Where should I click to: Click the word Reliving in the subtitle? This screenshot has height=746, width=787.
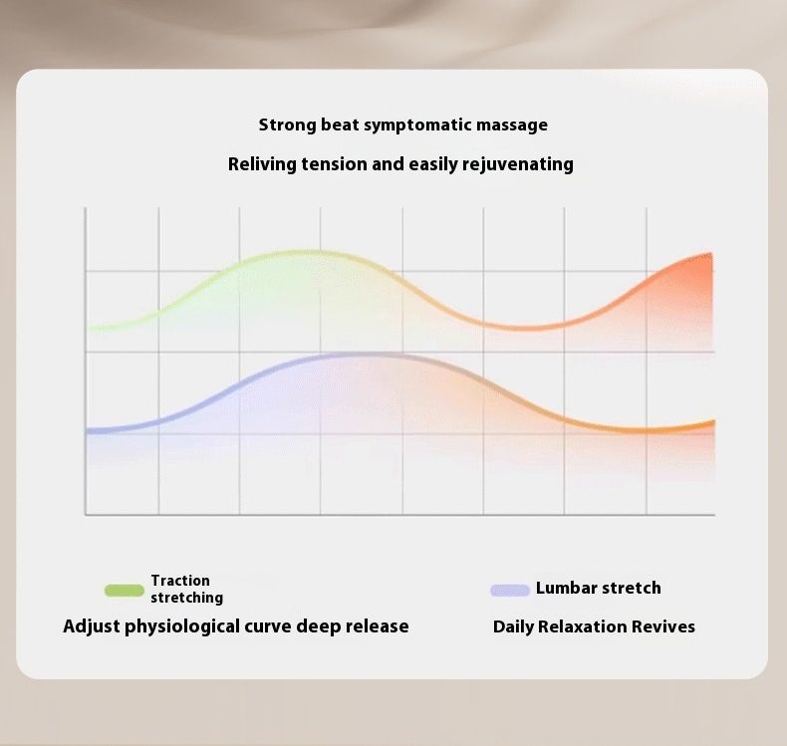pyautogui.click(x=262, y=164)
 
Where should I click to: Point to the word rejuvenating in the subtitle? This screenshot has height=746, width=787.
pyautogui.click(x=517, y=164)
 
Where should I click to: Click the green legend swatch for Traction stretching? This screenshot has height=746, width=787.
pyautogui.click(x=124, y=590)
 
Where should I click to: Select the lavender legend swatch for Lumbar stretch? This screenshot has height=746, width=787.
pyautogui.click(x=510, y=590)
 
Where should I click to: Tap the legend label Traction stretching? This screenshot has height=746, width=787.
pyautogui.click(x=186, y=589)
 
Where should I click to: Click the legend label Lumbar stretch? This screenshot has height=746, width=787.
pyautogui.click(x=599, y=588)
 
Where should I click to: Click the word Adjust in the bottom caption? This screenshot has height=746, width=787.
pyautogui.click(x=92, y=626)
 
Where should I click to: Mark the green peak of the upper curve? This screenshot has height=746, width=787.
pyautogui.click(x=304, y=252)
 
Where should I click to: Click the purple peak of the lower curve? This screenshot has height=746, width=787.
pyautogui.click(x=362, y=356)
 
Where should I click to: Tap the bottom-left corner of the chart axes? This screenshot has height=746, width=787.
pyautogui.click(x=86, y=514)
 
